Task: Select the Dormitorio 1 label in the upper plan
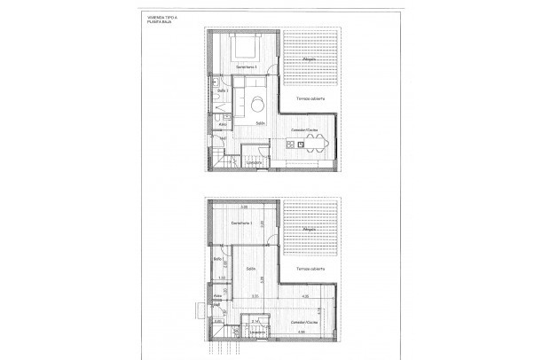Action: [245, 68]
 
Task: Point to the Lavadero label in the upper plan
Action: [253, 162]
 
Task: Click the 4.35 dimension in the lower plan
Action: [304, 296]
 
